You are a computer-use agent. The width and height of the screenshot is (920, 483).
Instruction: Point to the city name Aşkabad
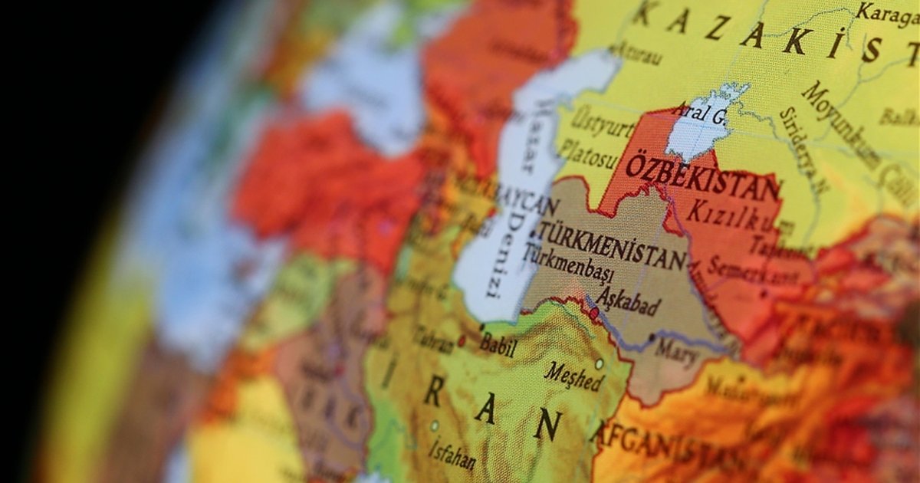point(628,301)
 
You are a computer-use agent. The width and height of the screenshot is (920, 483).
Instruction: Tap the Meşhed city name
point(573,376)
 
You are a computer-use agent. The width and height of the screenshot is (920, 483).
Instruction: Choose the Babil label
point(498,344)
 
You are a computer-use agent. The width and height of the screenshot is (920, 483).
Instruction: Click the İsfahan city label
point(452,454)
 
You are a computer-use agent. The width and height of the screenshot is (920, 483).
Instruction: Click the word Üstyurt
point(603,124)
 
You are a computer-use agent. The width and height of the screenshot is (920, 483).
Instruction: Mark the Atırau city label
point(636,54)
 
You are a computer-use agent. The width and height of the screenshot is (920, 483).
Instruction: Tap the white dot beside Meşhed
point(599,363)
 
